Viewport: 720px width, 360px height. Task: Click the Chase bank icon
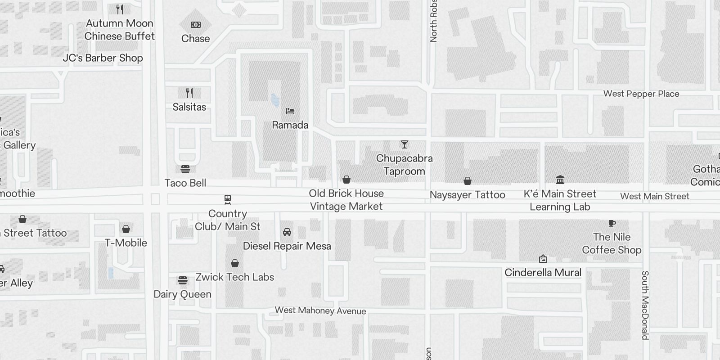tap(196, 25)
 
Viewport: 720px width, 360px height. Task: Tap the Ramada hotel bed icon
tap(290, 111)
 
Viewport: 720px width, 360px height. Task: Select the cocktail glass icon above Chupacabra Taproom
tap(405, 144)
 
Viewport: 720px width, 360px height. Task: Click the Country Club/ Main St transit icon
tap(228, 199)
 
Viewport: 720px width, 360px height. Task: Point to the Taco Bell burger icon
tap(185, 169)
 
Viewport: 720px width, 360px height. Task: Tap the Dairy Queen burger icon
tap(183, 280)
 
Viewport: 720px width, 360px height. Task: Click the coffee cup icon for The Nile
tap(612, 223)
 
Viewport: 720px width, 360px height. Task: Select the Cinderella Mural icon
tap(543, 259)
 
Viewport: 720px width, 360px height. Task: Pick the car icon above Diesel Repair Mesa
tap(287, 232)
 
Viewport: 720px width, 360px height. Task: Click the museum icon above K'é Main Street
tap(560, 180)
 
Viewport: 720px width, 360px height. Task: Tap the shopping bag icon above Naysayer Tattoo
tap(468, 181)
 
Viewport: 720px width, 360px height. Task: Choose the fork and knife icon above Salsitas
tap(189, 93)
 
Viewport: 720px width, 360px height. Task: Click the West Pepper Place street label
tap(641, 94)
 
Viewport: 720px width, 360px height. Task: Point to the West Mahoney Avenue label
tap(320, 310)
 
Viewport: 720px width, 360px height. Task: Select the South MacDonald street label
tap(645, 305)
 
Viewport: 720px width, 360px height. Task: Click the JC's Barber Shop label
tap(103, 58)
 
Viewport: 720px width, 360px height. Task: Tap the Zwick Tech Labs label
tap(235, 277)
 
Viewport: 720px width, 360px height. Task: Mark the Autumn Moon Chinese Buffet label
tap(120, 30)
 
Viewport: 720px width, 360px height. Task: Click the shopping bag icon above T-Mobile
tap(126, 229)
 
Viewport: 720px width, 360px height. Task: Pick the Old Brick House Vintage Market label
tap(346, 200)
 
